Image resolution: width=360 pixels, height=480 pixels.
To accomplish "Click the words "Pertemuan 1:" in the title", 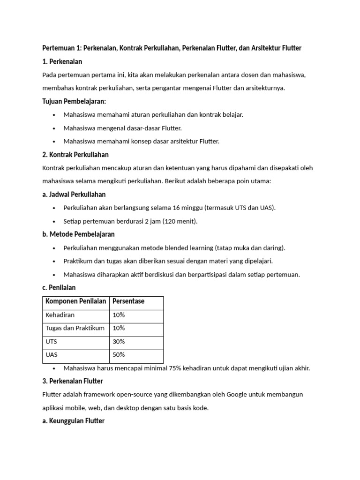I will (61, 48).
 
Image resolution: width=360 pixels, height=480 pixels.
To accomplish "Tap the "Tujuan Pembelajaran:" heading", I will (74, 101).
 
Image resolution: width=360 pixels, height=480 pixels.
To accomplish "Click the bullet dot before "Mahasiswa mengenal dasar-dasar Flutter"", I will (54, 128).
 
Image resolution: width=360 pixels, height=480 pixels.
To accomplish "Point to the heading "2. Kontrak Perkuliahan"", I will (75, 154).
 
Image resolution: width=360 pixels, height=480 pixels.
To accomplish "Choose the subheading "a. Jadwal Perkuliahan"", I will (74, 194).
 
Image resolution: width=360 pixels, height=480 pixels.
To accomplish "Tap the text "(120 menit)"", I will (180, 221).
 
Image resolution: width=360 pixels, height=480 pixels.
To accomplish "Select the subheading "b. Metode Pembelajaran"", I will (78, 234).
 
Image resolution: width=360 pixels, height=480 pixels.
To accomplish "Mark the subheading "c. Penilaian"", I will (59, 287).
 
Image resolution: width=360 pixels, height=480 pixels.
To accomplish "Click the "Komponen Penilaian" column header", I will (75, 301).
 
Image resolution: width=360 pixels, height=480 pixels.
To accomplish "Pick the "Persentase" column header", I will (128, 301).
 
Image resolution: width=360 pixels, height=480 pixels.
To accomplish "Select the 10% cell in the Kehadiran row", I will (119, 315).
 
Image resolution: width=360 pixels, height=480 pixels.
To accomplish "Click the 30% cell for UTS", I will (119, 342).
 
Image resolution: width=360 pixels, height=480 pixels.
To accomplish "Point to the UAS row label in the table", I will (52, 355).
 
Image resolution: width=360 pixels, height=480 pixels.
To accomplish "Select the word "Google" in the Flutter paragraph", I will (239, 394).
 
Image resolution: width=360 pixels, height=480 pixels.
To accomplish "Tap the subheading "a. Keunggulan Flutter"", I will (73, 421).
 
